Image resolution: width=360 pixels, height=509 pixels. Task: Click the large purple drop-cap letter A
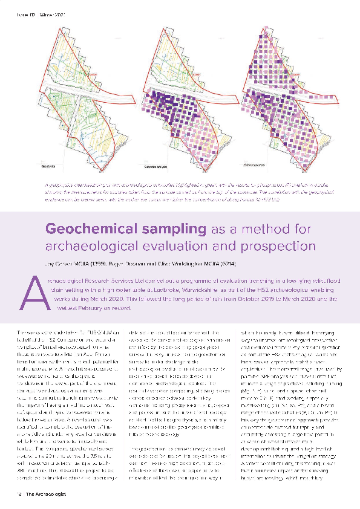(x=33, y=296)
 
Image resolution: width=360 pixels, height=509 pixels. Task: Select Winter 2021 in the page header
(x=53, y=13)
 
